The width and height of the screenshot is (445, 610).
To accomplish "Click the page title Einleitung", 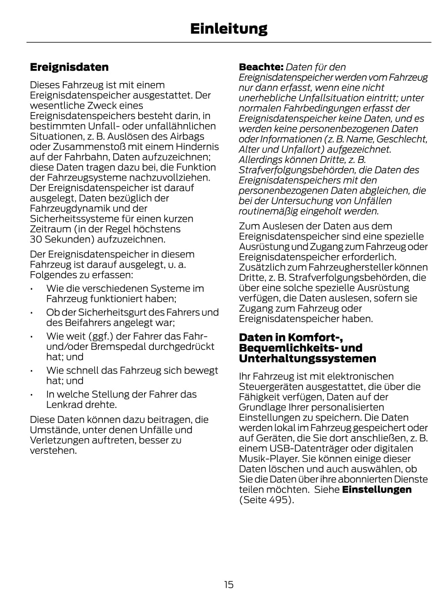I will (x=228, y=29).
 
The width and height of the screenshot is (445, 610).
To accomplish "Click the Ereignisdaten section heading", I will (x=69, y=67).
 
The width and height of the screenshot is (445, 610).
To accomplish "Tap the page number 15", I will (x=228, y=584).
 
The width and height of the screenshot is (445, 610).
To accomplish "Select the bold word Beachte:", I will (x=261, y=67).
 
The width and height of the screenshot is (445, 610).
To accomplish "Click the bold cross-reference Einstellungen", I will (x=377, y=490).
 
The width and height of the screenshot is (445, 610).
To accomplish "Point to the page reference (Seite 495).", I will (x=266, y=500).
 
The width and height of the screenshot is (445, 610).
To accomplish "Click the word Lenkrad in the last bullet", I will (x=63, y=405).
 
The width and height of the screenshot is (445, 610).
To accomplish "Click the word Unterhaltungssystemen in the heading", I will (x=307, y=359).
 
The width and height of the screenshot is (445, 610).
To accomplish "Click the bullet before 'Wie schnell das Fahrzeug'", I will (x=32, y=371).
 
